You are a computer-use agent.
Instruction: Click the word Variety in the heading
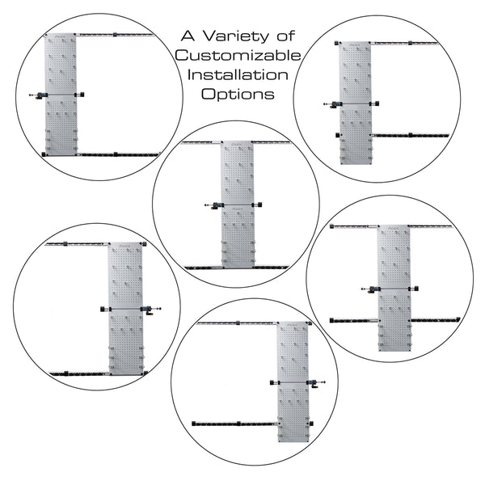click(226, 36)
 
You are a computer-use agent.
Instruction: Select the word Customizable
click(238, 56)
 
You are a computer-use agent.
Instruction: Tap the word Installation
click(237, 74)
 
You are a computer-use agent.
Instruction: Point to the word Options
click(237, 94)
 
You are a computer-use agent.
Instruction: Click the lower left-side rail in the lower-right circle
click(353, 320)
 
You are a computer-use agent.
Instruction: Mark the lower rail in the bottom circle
click(234, 423)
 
